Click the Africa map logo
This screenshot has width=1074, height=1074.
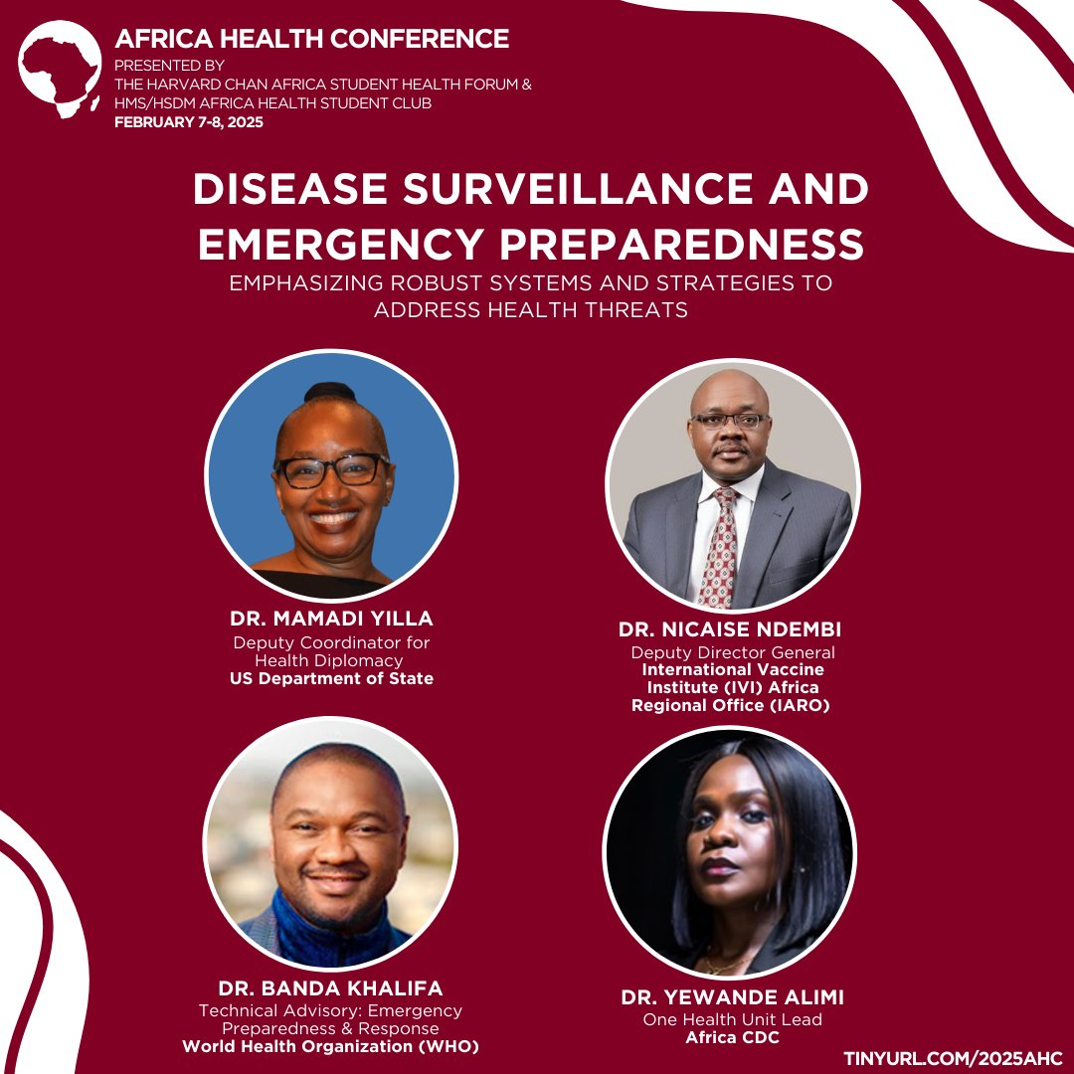[61, 70]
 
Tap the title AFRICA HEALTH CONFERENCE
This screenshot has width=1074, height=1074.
[312, 39]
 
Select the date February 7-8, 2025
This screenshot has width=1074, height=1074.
[189, 122]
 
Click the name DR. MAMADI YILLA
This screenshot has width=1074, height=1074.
[331, 620]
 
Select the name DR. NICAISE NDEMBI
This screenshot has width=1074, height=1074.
[731, 629]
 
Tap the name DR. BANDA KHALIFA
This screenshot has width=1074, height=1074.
[331, 988]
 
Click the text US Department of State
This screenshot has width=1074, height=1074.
[331, 678]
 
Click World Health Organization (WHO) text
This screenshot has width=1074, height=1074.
[331, 1046]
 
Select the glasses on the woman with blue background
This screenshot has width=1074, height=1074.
[331, 470]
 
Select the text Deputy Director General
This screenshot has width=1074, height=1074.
[732, 652]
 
